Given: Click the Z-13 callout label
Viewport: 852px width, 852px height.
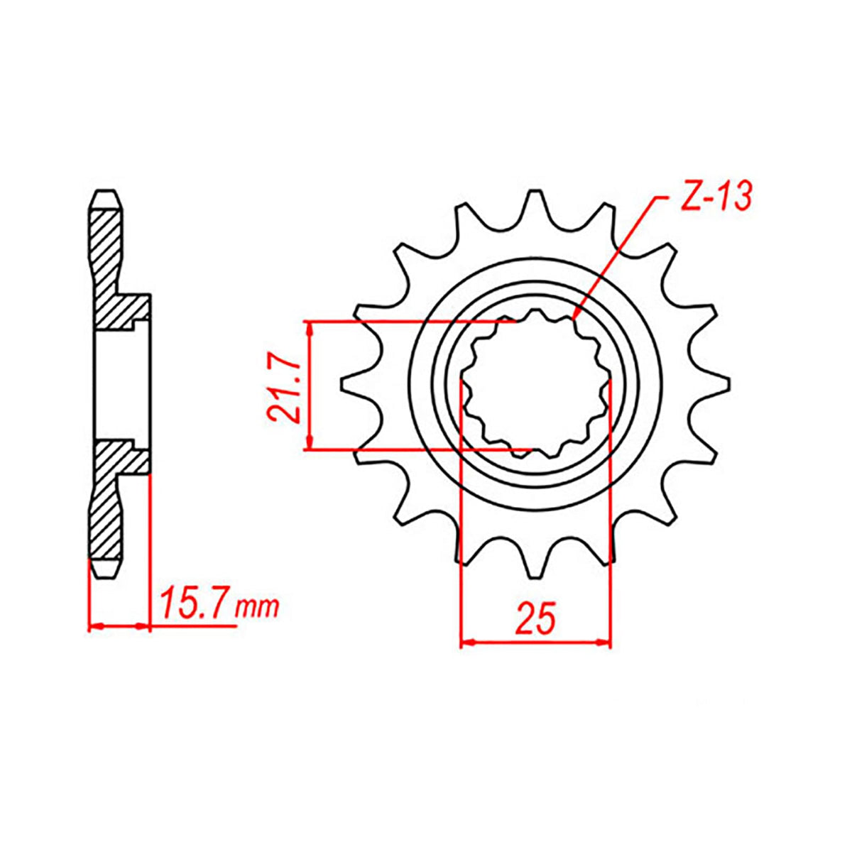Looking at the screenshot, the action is point(714,197).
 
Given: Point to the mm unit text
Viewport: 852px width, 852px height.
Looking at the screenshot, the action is point(257,608).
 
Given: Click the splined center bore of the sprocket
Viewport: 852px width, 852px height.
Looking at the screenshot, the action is point(536,383).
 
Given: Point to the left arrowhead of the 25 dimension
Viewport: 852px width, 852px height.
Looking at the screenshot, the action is point(467,640).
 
